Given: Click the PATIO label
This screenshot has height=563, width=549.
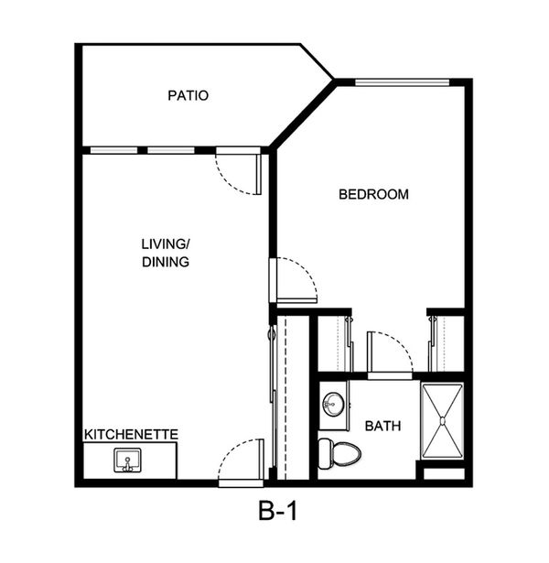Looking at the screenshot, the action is coord(188,95).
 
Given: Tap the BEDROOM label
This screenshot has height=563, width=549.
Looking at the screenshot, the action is coord(373,194).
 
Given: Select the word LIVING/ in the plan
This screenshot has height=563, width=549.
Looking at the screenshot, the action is coord(165,244).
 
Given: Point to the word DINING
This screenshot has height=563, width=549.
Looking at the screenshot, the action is coord(166,262).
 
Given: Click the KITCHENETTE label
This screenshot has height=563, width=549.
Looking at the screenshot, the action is coord(131,435).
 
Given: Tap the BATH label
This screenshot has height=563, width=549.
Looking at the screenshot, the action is coord(382,426).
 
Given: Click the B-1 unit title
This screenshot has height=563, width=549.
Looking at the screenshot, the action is coord(278,511).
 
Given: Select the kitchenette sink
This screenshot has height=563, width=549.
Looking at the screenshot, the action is coord(127,460).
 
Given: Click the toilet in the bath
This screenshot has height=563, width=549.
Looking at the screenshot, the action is coord(339,454).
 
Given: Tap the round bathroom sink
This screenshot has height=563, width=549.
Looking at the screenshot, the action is coord(333,405).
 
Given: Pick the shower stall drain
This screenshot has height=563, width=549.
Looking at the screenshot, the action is coord(443,421).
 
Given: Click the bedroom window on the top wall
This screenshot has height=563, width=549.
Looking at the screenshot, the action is coord(403,82).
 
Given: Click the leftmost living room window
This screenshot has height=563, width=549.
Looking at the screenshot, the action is coord(113,150).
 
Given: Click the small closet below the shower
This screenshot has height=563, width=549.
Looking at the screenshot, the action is coord(444,473).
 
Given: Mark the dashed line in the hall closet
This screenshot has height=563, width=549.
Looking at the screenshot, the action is coord(285,398).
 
